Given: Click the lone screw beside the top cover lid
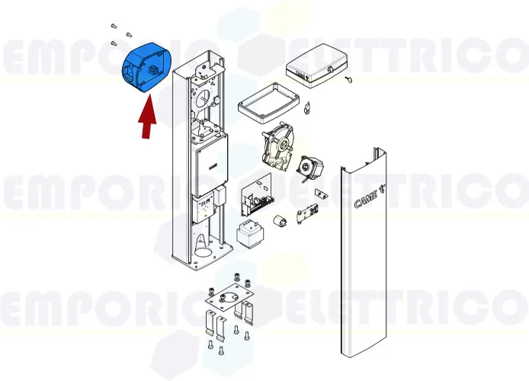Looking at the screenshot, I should click(x=348, y=78).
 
